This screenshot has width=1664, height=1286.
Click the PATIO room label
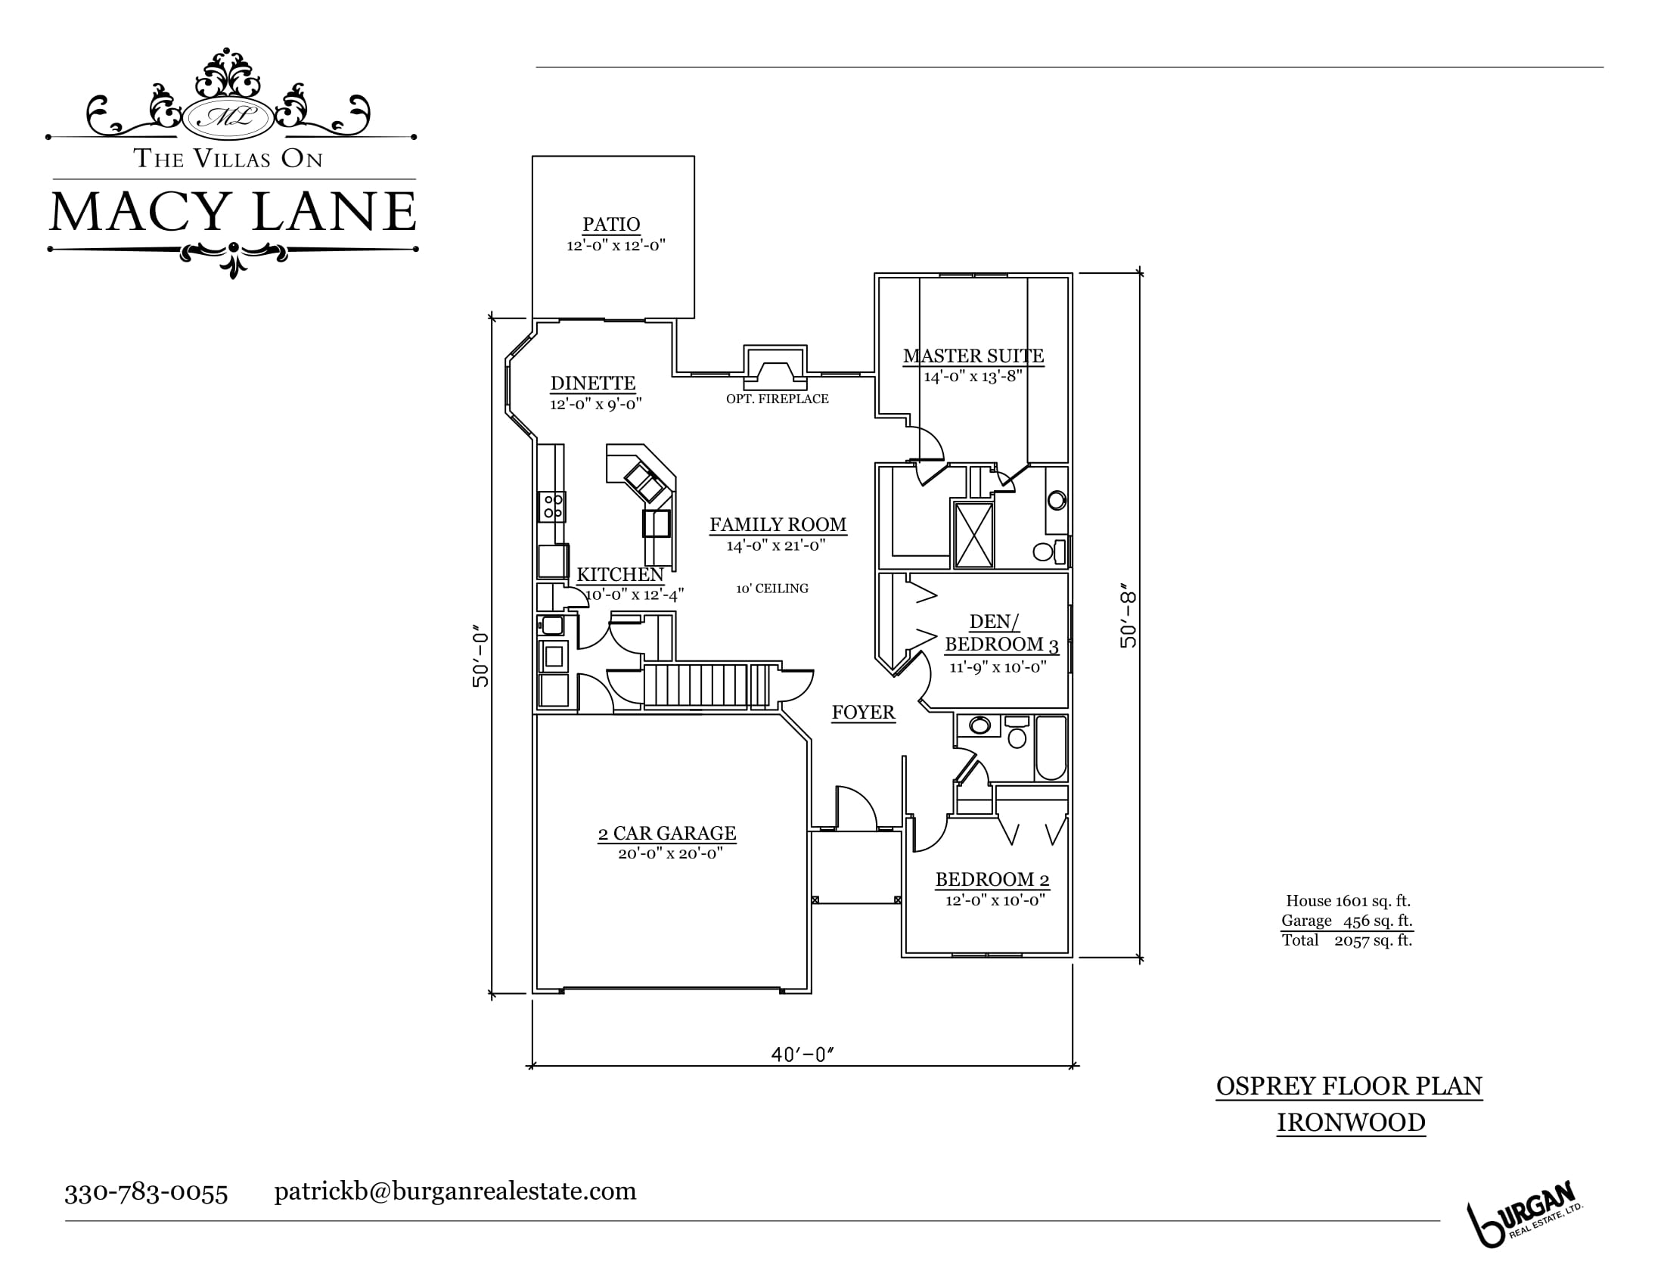pyautogui.click(x=611, y=225)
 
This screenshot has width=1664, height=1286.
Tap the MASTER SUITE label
pyautogui.click(x=973, y=356)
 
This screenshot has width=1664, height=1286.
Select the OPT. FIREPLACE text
pyautogui.click(x=777, y=399)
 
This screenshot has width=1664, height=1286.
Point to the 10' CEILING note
pyautogui.click(x=771, y=589)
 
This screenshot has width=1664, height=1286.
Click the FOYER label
pyautogui.click(x=863, y=713)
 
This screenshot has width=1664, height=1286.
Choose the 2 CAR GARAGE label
pyautogui.click(x=666, y=834)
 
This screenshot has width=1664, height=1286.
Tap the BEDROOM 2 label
pyautogui.click(x=992, y=880)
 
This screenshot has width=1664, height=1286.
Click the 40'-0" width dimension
pyautogui.click(x=803, y=1055)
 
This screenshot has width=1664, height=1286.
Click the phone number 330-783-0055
pyautogui.click(x=146, y=1193)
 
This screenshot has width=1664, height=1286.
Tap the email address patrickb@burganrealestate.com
pyautogui.click(x=455, y=1191)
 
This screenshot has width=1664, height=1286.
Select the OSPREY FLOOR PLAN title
pyautogui.click(x=1349, y=1086)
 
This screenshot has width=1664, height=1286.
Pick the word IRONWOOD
pyautogui.click(x=1351, y=1123)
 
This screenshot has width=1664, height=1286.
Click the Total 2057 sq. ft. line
pyautogui.click(x=1347, y=940)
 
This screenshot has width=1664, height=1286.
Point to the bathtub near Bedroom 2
pyautogui.click(x=1051, y=748)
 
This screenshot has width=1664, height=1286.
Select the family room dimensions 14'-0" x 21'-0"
pyautogui.click(x=775, y=545)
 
